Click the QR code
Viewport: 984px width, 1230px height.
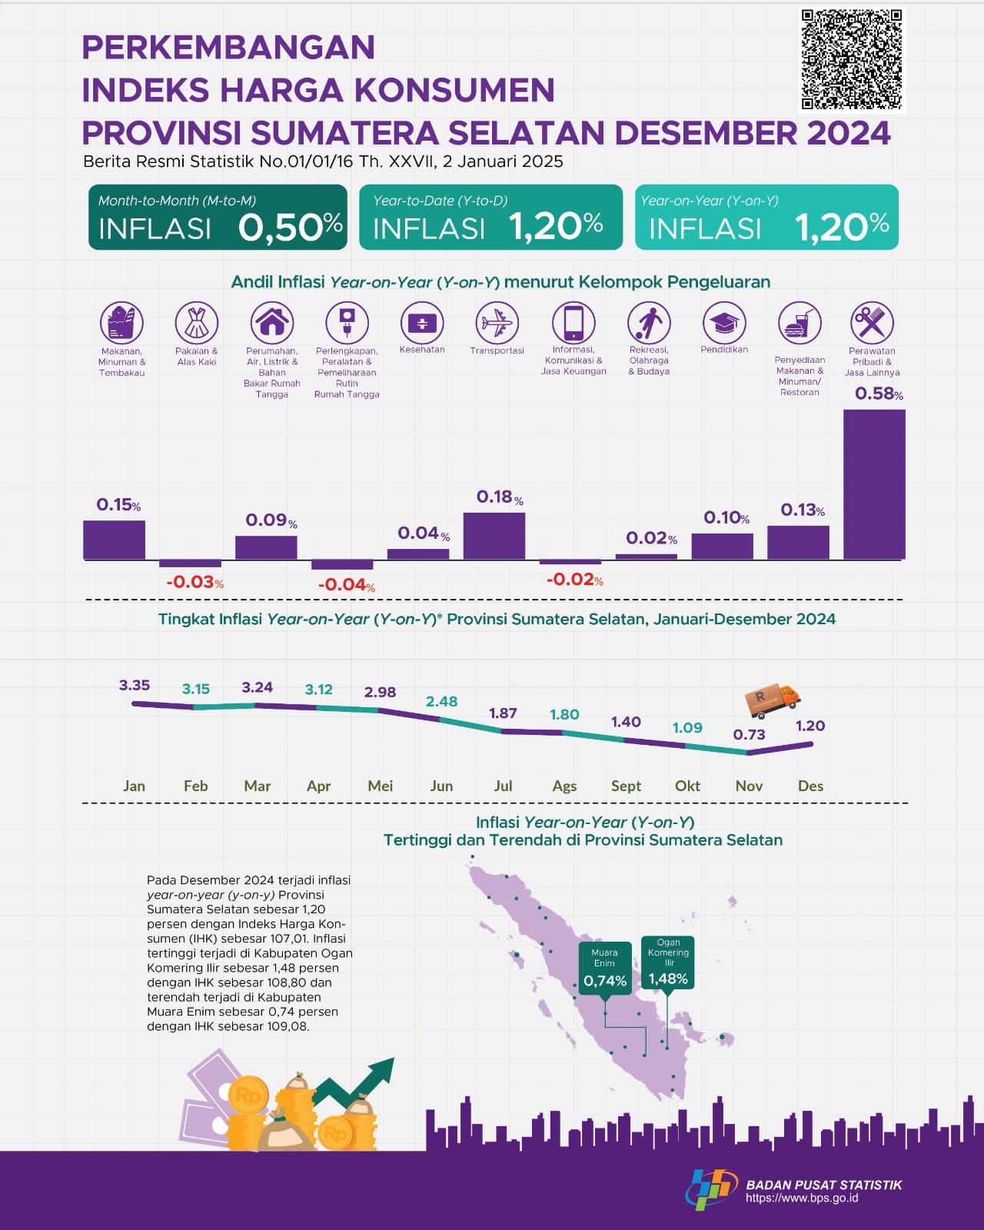852,59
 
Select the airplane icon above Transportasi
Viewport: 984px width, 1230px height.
497,323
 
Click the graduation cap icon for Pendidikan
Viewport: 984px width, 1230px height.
724,323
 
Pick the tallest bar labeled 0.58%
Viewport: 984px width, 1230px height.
874,484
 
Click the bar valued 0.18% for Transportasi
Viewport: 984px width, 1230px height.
494,536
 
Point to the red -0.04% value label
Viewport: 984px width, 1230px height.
347,585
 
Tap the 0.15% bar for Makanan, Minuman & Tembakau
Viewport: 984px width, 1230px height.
114,540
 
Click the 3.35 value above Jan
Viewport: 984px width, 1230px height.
135,685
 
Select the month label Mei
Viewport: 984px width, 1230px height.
380,786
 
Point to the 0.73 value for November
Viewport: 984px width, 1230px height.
749,734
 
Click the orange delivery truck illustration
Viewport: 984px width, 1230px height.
773,698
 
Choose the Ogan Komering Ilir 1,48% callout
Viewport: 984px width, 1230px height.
668,962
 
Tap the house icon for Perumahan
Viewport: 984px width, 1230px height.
272,323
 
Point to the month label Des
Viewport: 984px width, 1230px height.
810,786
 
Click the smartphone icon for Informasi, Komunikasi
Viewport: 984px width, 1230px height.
573,323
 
